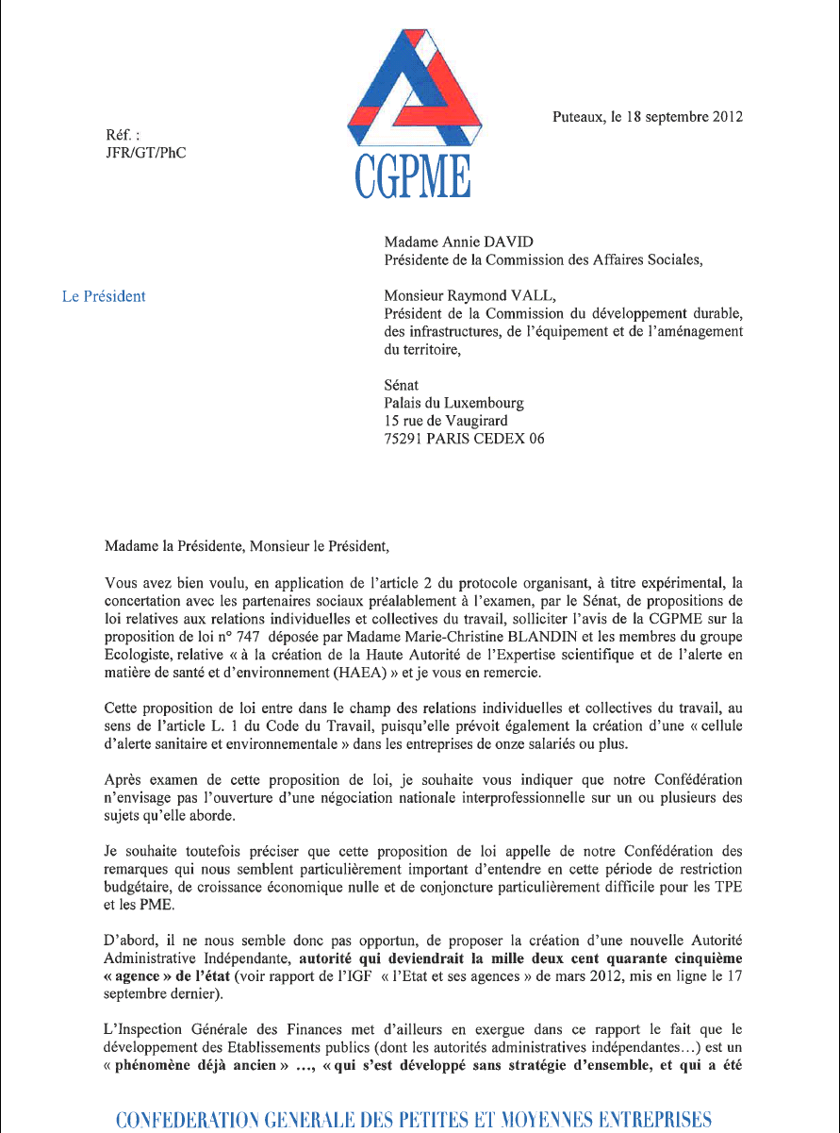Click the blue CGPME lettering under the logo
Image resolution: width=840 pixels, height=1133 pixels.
pyautogui.click(x=412, y=176)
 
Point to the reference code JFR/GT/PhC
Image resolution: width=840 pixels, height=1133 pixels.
pyautogui.click(x=146, y=152)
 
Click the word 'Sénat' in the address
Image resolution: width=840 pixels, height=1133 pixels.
pyautogui.click(x=403, y=385)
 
